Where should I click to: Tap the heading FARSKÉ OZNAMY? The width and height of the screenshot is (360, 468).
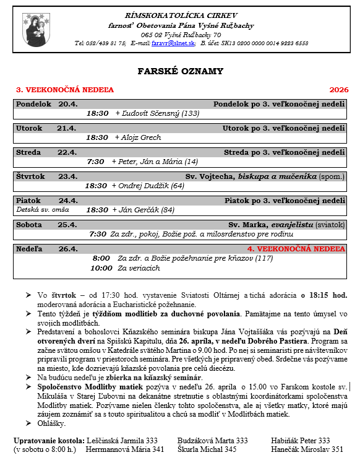coord(180,72)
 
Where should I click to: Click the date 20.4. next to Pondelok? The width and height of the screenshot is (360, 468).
coord(68,104)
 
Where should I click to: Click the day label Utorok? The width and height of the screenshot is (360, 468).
coord(30,128)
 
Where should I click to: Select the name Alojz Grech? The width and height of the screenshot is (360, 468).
coord(140,137)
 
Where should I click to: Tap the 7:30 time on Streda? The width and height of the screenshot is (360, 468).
coord(96,162)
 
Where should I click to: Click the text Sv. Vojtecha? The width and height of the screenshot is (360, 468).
coord(224,176)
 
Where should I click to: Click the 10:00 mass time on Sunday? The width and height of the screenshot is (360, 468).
coord(101,268)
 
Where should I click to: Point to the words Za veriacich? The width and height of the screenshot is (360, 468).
coord(139,268)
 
